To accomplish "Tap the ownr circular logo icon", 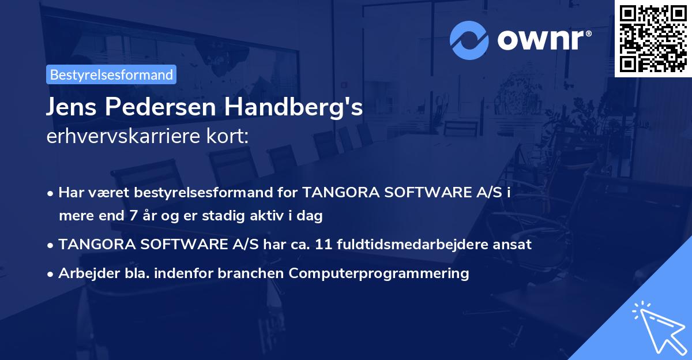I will coord(469,40).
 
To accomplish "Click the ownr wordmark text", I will coord(543,40).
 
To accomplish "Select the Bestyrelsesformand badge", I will coord(111,74).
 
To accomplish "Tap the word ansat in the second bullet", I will coord(515,245).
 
